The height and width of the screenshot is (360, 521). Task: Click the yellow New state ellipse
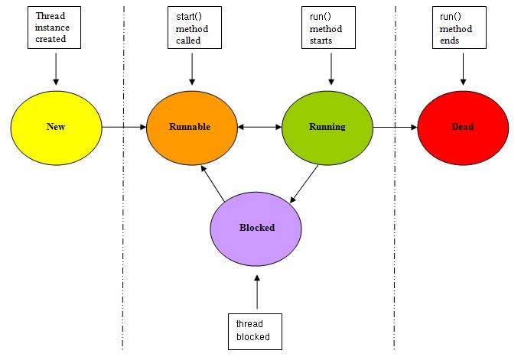point(56,126)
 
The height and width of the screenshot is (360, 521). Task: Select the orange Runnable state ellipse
point(191,126)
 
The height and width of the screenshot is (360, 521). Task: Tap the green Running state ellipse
point(327,126)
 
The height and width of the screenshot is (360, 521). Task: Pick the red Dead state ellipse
point(463,126)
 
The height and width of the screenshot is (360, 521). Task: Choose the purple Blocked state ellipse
point(256,227)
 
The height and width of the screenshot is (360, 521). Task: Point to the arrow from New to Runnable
point(124,127)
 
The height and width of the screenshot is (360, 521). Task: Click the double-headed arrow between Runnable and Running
point(259,127)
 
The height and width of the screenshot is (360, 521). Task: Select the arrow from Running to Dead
point(395,127)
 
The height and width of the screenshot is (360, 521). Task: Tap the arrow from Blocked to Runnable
point(213,183)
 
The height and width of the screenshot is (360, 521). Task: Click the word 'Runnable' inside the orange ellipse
point(190,127)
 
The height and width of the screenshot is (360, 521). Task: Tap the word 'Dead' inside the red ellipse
point(463,127)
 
